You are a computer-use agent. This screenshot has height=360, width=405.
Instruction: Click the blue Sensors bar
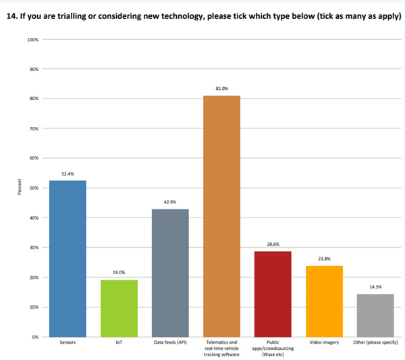[67, 258]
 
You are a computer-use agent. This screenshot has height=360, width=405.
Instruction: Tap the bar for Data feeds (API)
[169, 272]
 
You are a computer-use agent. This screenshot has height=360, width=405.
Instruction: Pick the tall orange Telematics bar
[221, 216]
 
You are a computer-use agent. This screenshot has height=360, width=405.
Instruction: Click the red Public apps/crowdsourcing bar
[273, 294]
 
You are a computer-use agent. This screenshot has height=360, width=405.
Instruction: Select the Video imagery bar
[324, 301]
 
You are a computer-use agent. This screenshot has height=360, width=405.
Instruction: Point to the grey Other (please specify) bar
[375, 315]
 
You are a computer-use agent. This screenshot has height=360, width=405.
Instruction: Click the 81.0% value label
[221, 88]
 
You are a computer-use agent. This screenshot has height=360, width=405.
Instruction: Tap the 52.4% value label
[67, 174]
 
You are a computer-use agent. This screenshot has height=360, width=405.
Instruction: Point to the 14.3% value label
[375, 287]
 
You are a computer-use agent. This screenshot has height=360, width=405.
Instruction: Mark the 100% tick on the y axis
[32, 40]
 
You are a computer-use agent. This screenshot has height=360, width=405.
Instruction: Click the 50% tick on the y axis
[33, 188]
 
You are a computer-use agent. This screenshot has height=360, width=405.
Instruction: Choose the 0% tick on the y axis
[34, 336]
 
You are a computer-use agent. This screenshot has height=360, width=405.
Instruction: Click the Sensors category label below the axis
[67, 344]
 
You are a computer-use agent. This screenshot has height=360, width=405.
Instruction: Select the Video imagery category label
[324, 344]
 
